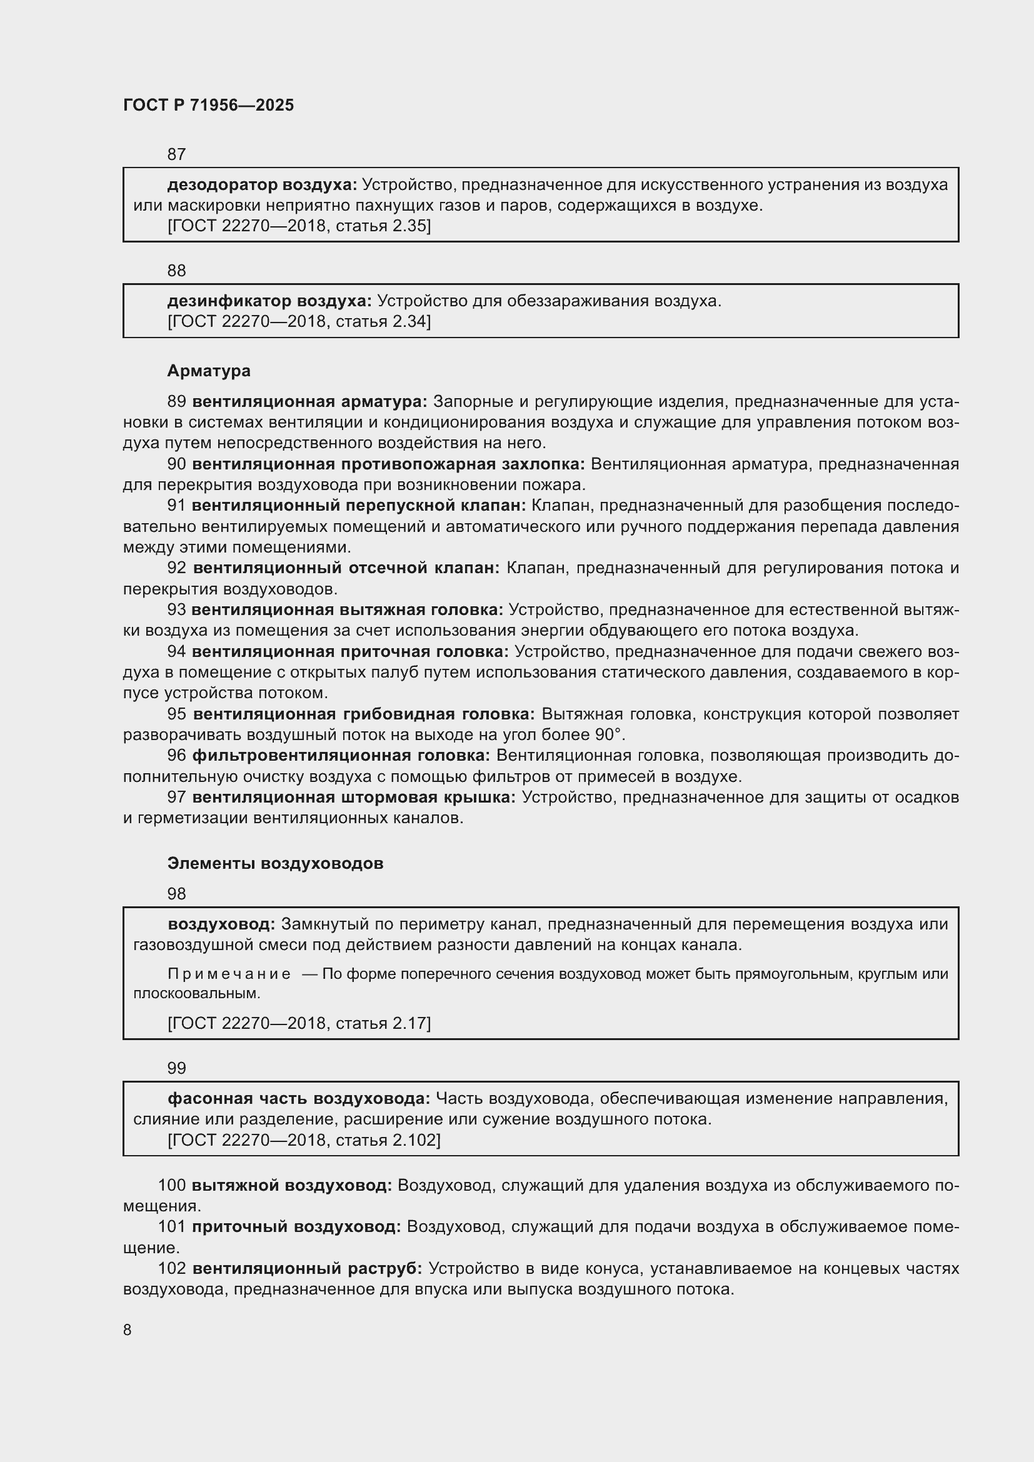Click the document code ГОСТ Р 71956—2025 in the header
coord(208,105)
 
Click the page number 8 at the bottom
coord(128,1329)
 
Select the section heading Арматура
coord(209,371)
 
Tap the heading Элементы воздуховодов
coord(275,863)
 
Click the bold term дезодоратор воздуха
coord(262,184)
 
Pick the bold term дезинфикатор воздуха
coord(269,301)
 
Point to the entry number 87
coord(176,154)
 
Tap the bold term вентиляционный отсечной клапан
coord(346,568)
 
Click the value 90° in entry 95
coord(608,735)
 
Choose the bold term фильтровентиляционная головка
coord(341,755)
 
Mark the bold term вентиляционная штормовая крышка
coord(353,797)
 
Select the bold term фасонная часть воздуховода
coord(299,1098)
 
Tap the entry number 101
coord(171,1226)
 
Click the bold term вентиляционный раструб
coord(307,1268)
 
